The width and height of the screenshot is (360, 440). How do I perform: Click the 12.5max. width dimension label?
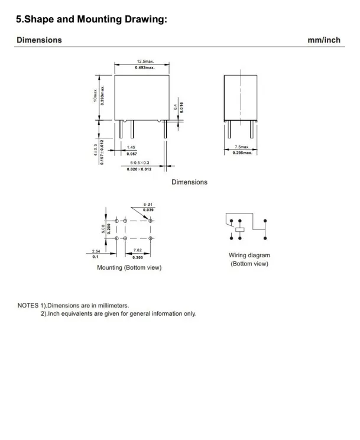click(x=142, y=61)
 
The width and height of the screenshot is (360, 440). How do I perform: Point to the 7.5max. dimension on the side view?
click(x=242, y=146)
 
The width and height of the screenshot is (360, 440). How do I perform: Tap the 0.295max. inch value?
click(x=242, y=153)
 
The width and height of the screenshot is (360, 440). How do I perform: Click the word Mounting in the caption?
click(x=112, y=268)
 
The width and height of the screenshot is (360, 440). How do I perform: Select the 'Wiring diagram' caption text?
click(x=249, y=255)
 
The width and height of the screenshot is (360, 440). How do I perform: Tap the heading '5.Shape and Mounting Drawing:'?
click(x=93, y=19)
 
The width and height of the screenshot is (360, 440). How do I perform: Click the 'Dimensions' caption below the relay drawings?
click(x=189, y=182)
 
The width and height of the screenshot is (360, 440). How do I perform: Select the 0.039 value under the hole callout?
click(x=148, y=209)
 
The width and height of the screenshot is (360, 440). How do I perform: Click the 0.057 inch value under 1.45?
click(x=132, y=154)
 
